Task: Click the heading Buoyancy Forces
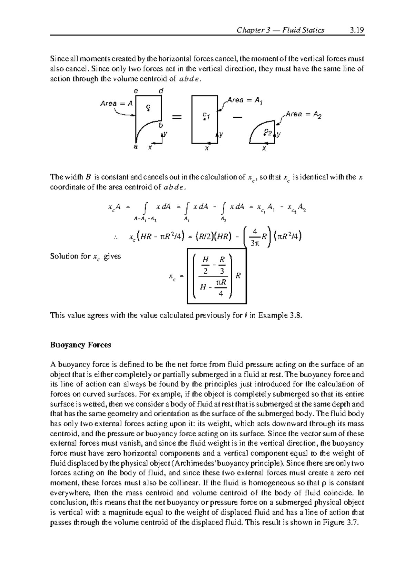coord(80,345)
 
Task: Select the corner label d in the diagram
coord(160,91)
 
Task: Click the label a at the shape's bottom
coord(136,147)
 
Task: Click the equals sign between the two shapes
coord(176,118)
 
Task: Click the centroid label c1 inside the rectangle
coord(206,116)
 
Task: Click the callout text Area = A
coord(116,103)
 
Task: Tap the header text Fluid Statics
coord(303,30)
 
